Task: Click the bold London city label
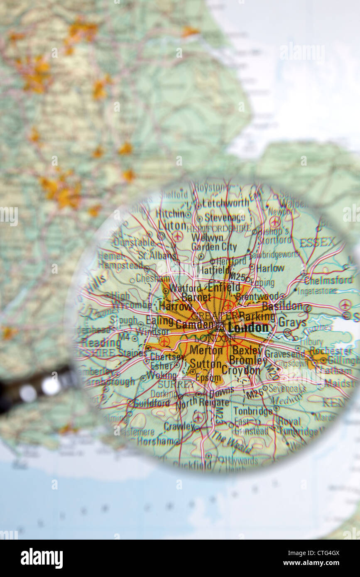point(248,328)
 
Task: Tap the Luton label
point(172,225)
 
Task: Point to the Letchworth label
point(226,203)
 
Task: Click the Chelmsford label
point(328,281)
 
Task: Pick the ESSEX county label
point(317,242)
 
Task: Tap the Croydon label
point(241,370)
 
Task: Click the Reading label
point(101,343)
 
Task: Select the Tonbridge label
point(253,411)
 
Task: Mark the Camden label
point(194,325)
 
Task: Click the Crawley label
point(179,426)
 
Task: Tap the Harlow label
point(270,268)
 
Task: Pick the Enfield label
point(224,287)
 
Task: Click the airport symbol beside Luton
point(178,236)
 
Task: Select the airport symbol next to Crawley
point(198,417)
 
